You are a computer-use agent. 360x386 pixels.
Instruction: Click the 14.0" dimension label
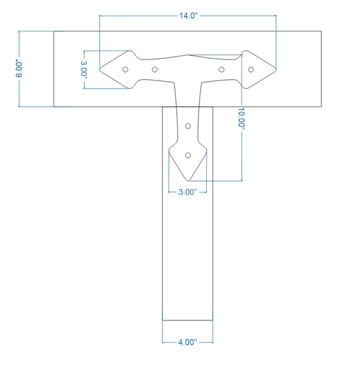pos(188,16)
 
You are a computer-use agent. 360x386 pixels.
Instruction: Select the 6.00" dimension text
pos(19,68)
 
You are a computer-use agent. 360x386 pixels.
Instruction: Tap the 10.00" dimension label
pos(242,118)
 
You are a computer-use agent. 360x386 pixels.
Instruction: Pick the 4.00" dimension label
pos(187,342)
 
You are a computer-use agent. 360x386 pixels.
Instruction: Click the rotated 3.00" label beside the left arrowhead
pos(84,69)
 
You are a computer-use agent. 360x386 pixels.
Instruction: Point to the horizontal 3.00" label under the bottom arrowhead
pos(188,192)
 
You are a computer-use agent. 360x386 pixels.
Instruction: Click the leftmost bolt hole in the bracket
pos(125,69)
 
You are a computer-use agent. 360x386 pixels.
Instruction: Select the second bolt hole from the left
pos(154,69)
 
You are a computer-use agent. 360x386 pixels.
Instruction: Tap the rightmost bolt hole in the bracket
pos(251,69)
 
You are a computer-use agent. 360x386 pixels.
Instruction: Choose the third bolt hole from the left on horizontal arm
pos(221,69)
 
